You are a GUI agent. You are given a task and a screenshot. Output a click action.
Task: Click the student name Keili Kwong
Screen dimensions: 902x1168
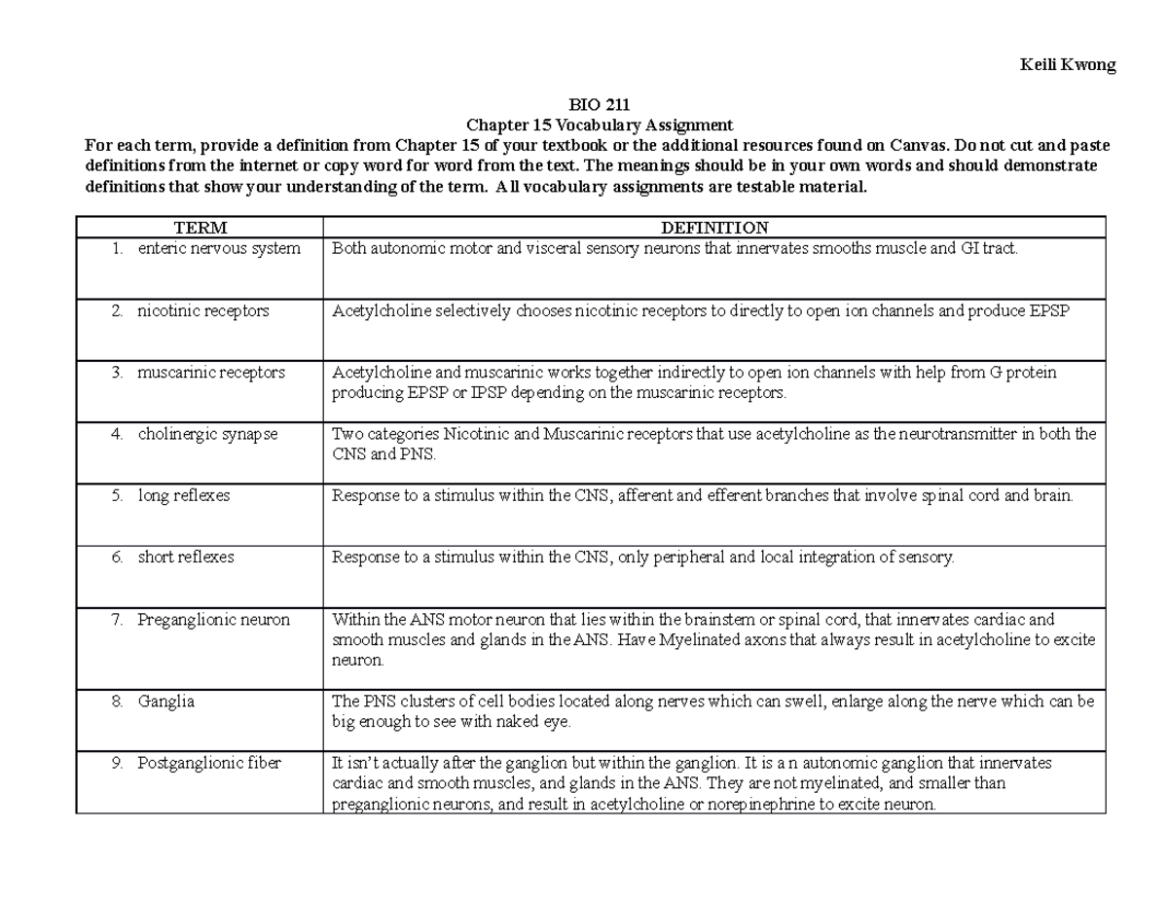tap(1067, 66)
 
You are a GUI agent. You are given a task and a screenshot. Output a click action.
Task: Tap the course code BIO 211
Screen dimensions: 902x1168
tap(600, 106)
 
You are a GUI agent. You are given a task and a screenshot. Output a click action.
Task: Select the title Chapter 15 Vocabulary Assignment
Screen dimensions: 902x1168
tap(600, 126)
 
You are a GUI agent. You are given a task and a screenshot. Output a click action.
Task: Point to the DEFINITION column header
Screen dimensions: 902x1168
tap(714, 228)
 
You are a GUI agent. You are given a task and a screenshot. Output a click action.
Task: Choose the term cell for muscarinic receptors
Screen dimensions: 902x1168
tap(211, 373)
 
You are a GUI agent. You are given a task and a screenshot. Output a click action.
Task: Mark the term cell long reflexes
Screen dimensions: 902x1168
tap(184, 496)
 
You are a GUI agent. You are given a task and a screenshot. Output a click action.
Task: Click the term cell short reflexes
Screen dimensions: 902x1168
tap(186, 558)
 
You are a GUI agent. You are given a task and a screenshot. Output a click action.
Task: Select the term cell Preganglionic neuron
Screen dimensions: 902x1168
tap(213, 620)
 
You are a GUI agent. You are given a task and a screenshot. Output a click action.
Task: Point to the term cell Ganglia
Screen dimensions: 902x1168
tap(166, 701)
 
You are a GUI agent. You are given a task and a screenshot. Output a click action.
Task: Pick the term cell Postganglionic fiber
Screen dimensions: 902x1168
tap(209, 764)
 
